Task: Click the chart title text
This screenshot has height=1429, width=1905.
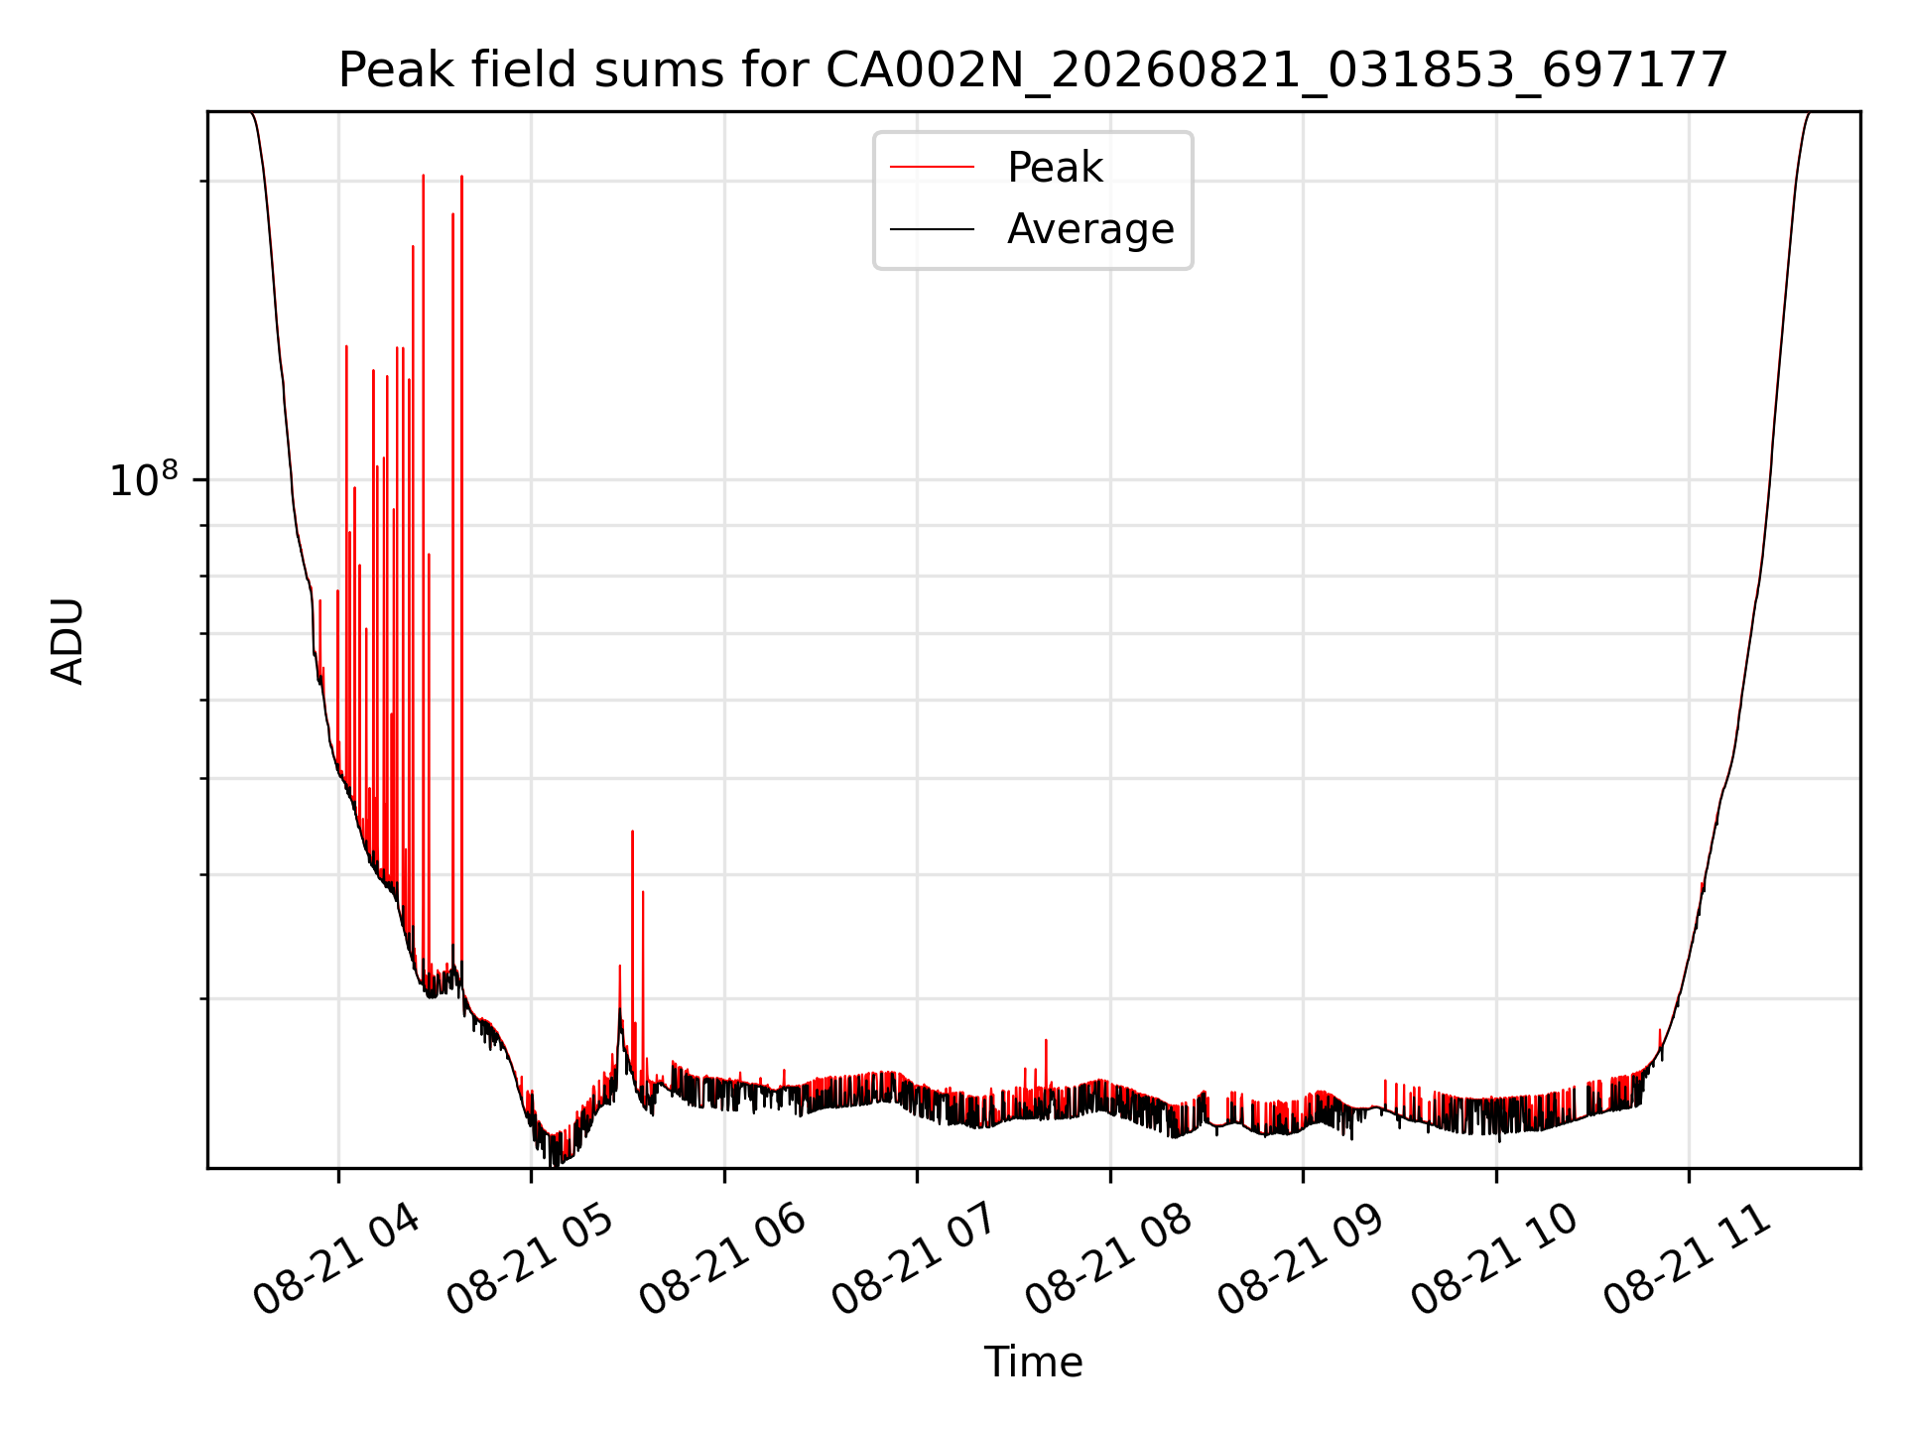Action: pyautogui.click(x=1033, y=70)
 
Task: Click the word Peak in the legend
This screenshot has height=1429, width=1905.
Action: pyautogui.click(x=1055, y=168)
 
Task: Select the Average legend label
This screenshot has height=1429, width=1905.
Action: pyautogui.click(x=1090, y=229)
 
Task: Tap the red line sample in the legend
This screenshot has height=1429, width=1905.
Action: pyautogui.click(x=932, y=168)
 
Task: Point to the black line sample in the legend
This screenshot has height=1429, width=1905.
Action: pyautogui.click(x=932, y=229)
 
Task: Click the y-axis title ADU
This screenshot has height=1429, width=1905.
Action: pyautogui.click(x=67, y=641)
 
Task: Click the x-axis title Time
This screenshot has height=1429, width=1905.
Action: pyautogui.click(x=1033, y=1362)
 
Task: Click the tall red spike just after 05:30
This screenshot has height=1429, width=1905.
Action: pyautogui.click(x=632, y=933)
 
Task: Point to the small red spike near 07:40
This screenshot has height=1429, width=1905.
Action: pyautogui.click(x=1046, y=1062)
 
